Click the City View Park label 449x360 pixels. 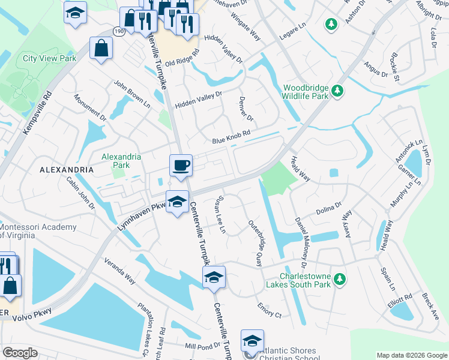(50, 59)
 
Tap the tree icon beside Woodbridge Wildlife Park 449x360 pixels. (338, 91)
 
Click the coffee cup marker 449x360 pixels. (181, 166)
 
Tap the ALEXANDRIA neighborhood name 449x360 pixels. (66, 170)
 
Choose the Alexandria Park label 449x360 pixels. (121, 161)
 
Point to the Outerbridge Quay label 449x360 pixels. (256, 242)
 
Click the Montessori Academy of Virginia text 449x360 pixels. (38, 231)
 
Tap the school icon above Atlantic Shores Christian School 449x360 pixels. (252, 340)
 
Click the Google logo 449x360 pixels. (20, 353)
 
